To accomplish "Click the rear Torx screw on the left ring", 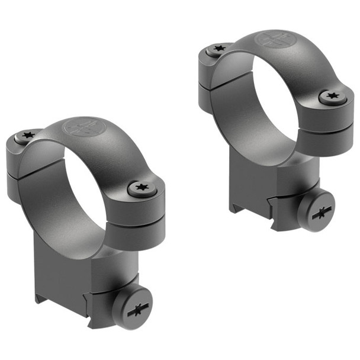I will pyautogui.click(x=26, y=136).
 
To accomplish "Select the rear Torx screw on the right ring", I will pyautogui.click(x=218, y=49).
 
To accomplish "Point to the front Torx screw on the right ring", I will pyautogui.click(x=330, y=96).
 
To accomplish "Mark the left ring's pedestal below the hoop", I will pyautogui.click(x=65, y=266).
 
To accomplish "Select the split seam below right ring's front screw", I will pyautogui.click(x=335, y=126).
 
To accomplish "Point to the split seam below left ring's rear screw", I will pyautogui.click(x=24, y=170).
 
